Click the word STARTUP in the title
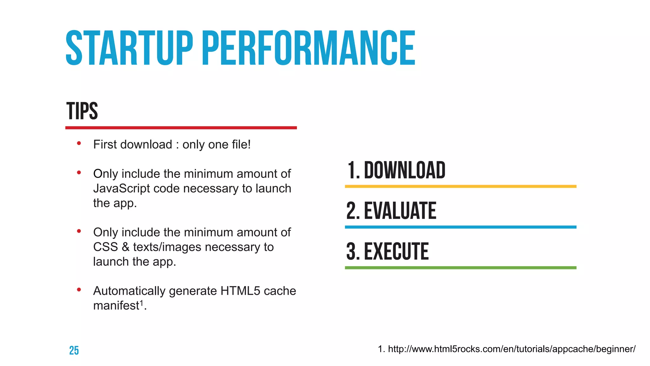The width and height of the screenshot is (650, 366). click(129, 48)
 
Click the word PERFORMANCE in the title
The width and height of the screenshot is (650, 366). click(308, 48)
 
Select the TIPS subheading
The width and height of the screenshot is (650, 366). click(82, 111)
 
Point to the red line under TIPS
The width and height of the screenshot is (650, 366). click(181, 128)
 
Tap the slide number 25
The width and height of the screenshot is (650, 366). click(74, 350)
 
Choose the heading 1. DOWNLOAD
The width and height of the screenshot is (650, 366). click(396, 170)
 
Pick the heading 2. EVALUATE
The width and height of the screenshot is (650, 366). click(391, 211)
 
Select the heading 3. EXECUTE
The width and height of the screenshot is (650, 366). click(388, 251)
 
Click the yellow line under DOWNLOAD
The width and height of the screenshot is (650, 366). click(461, 186)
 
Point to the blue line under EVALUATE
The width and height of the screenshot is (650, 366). click(461, 227)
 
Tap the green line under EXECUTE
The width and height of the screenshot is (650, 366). click(461, 268)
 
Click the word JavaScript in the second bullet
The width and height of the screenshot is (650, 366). click(122, 189)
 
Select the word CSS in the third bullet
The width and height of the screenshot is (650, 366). click(105, 247)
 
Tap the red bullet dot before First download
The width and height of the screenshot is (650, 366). click(79, 144)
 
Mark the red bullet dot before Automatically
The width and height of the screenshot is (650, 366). click(79, 290)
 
